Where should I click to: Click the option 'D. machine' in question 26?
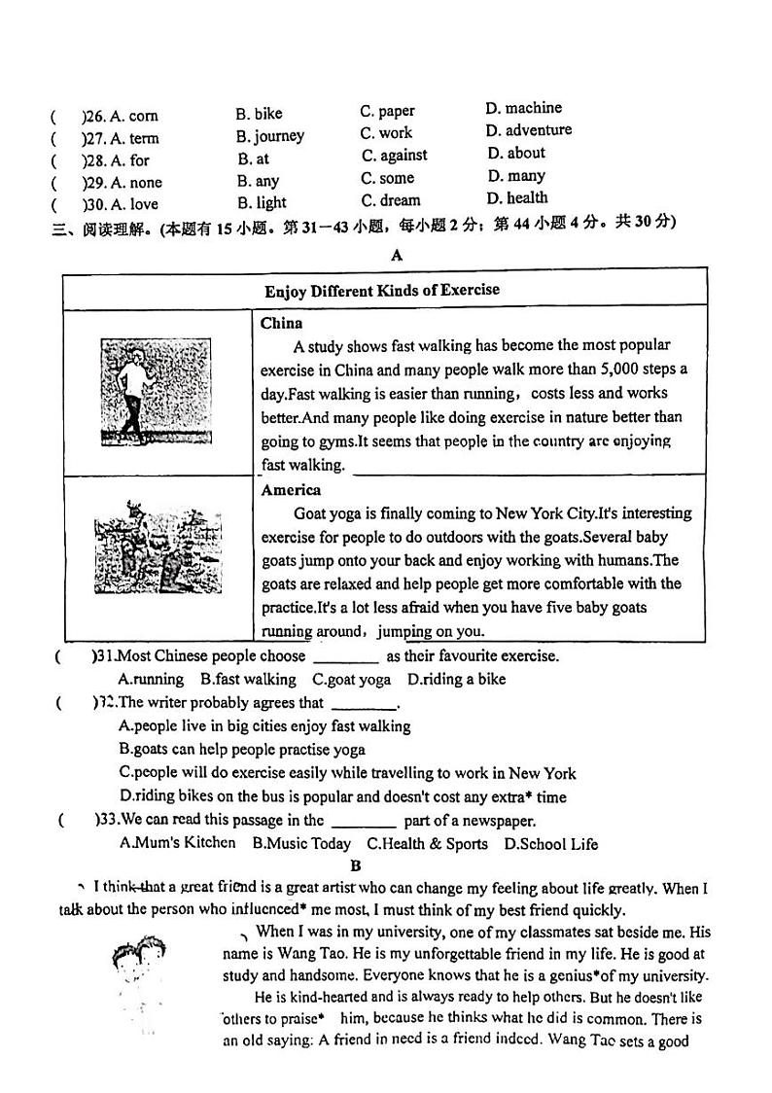pyautogui.click(x=523, y=108)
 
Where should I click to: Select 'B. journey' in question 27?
pyautogui.click(x=269, y=136)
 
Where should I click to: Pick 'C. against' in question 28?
pyautogui.click(x=394, y=156)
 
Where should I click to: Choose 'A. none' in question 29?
pyautogui.click(x=136, y=183)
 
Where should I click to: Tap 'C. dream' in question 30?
pyautogui.click(x=390, y=201)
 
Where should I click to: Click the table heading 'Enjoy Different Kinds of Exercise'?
pyautogui.click(x=382, y=291)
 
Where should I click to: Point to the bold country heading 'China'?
pyautogui.click(x=282, y=324)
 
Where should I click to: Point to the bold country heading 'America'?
pyautogui.click(x=291, y=490)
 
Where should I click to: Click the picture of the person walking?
pyautogui.click(x=156, y=390)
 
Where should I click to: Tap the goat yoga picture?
pyautogui.click(x=158, y=547)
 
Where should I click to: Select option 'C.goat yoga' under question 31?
pyautogui.click(x=351, y=680)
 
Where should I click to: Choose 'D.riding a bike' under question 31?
pyautogui.click(x=456, y=680)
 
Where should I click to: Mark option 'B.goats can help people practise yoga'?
pyautogui.click(x=242, y=750)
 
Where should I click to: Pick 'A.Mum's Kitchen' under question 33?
pyautogui.click(x=177, y=843)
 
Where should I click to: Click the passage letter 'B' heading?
pyautogui.click(x=356, y=865)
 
